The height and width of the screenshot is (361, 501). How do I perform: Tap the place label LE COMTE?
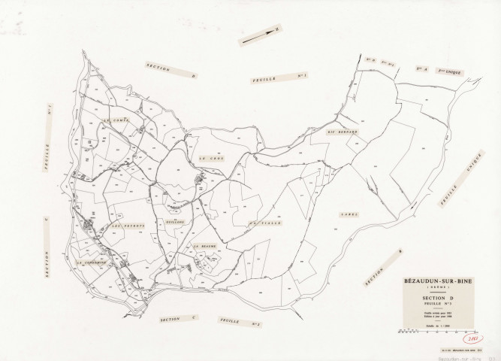tap(117, 120)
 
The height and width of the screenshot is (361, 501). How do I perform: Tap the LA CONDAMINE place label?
tap(94, 263)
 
